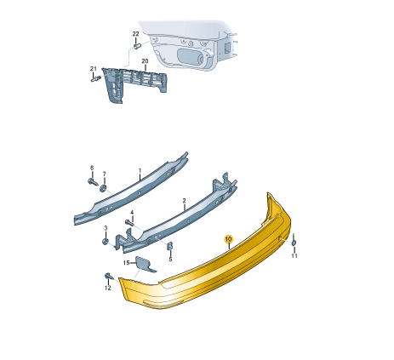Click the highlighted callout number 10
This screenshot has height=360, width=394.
(228, 239)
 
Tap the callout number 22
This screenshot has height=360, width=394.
(136, 34)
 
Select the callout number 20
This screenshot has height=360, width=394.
(145, 61)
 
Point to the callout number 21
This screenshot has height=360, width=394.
(94, 69)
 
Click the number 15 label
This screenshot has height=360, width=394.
(126, 263)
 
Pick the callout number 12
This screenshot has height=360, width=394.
(108, 288)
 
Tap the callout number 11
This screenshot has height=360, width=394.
(294, 256)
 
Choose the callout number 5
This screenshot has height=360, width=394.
(170, 260)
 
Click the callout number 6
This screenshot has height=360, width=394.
(92, 168)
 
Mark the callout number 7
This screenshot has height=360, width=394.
(104, 174)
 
